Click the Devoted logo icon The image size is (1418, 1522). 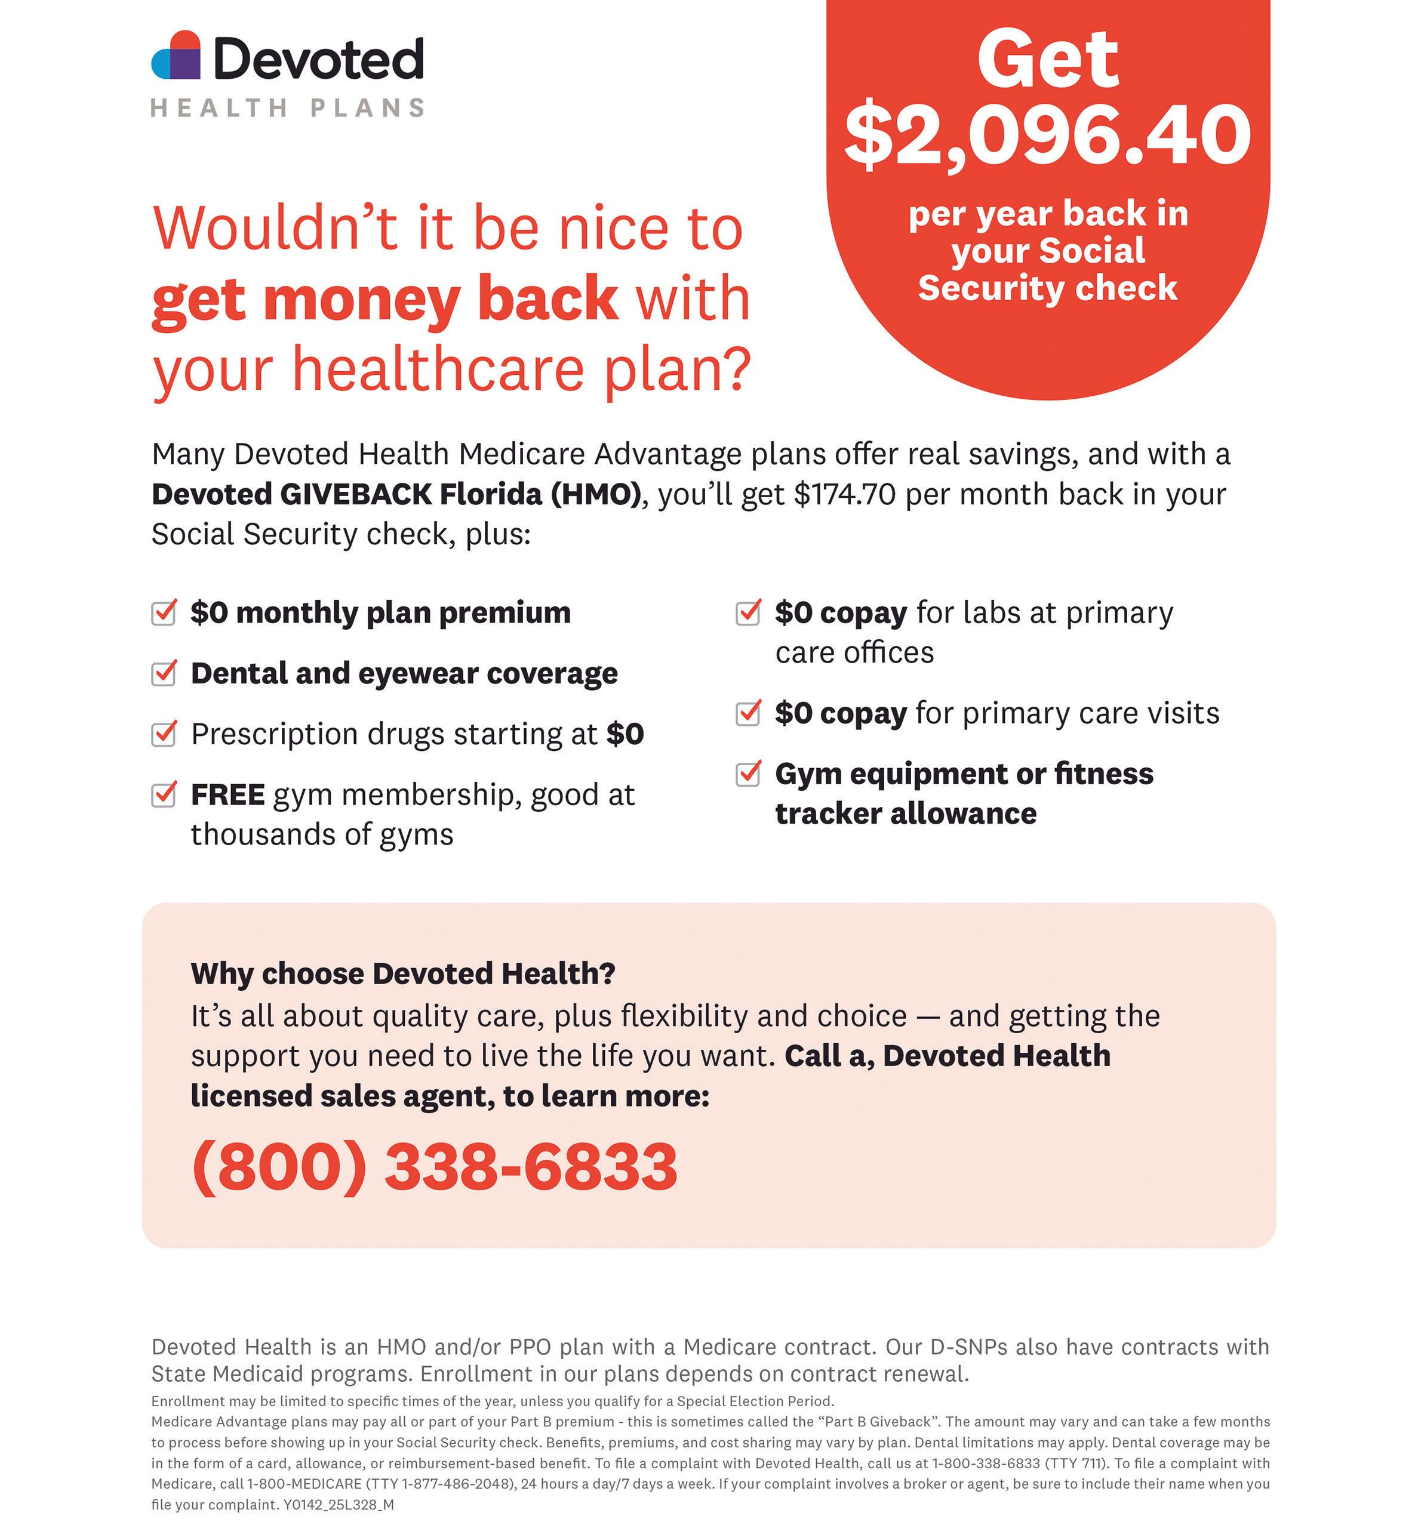pyautogui.click(x=176, y=56)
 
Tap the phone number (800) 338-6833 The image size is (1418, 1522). pyautogui.click(x=434, y=1166)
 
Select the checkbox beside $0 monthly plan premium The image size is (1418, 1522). pyautogui.click(x=164, y=612)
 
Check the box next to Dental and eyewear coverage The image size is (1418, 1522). pyautogui.click(x=164, y=673)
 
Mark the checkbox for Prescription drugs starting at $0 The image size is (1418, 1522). pyautogui.click(x=164, y=734)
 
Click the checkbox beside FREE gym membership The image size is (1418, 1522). pyautogui.click(x=164, y=794)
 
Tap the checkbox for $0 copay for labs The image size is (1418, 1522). pyautogui.click(x=748, y=612)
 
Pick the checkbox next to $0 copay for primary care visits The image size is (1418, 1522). pyautogui.click(x=748, y=713)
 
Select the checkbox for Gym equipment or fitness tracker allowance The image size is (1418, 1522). pyautogui.click(x=748, y=774)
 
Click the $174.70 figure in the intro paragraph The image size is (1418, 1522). pyautogui.click(x=844, y=495)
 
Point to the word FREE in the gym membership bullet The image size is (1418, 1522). pyautogui.click(x=227, y=794)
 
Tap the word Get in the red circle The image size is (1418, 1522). pyautogui.click(x=1047, y=60)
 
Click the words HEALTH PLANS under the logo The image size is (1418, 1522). pyautogui.click(x=288, y=108)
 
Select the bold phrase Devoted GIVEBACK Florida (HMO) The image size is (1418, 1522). pyautogui.click(x=396, y=495)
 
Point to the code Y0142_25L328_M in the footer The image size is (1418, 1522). pyautogui.click(x=339, y=1504)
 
